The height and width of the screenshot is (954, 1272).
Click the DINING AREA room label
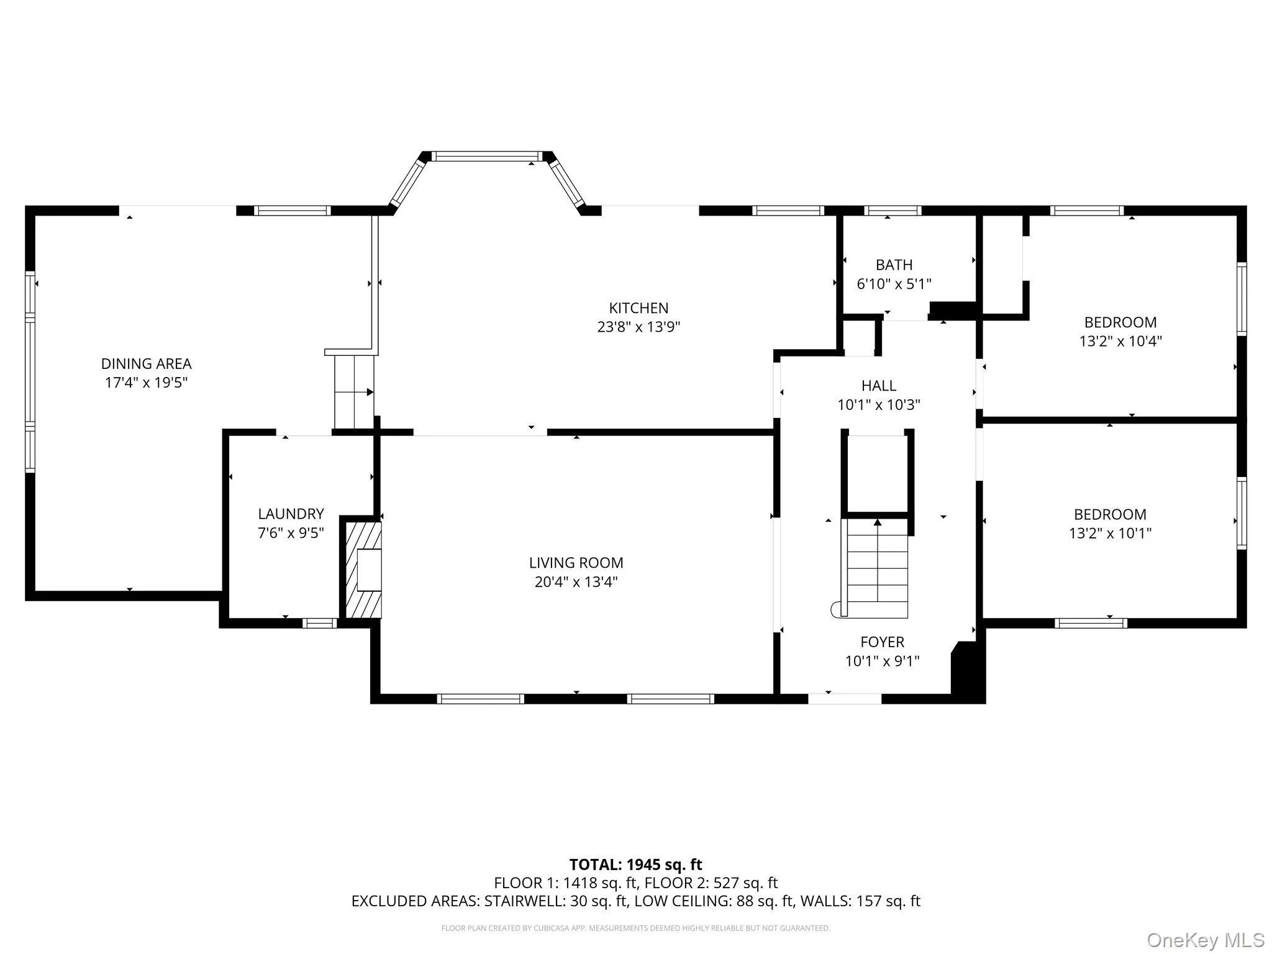(146, 363)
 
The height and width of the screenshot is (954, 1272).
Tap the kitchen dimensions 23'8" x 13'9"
(638, 327)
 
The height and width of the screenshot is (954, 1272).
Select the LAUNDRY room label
(291, 514)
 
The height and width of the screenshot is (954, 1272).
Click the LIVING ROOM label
(576, 563)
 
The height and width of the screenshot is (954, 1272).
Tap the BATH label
(894, 265)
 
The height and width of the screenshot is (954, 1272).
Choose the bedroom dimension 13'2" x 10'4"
(1120, 341)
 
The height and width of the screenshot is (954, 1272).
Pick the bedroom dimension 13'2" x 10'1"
(1110, 533)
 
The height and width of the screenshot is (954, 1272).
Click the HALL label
(878, 386)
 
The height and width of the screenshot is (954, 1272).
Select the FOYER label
(882, 642)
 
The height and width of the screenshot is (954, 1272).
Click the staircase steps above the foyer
(878, 568)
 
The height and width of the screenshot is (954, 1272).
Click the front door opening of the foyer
(844, 698)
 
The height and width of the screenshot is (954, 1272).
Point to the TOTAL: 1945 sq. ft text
(635, 865)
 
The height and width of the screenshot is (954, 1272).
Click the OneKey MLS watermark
(1205, 940)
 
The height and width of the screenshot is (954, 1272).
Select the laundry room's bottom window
(319, 623)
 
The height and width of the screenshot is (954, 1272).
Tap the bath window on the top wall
(893, 211)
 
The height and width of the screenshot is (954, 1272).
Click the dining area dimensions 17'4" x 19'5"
(146, 383)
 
